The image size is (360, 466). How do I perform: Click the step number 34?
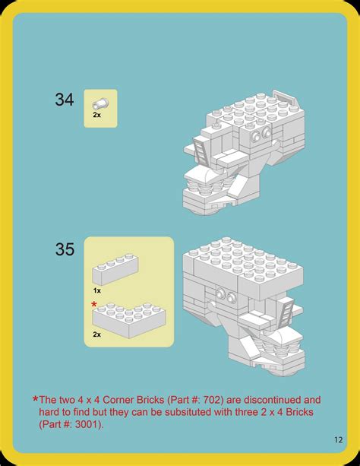tap(65, 99)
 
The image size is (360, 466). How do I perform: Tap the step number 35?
tap(65, 249)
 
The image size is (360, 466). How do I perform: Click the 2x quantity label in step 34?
tap(97, 115)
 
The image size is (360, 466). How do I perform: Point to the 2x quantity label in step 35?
tap(97, 334)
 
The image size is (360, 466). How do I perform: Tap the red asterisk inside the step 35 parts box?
tap(94, 304)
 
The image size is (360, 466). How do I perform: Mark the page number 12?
tap(338, 439)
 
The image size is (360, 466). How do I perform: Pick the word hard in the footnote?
tap(50, 411)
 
